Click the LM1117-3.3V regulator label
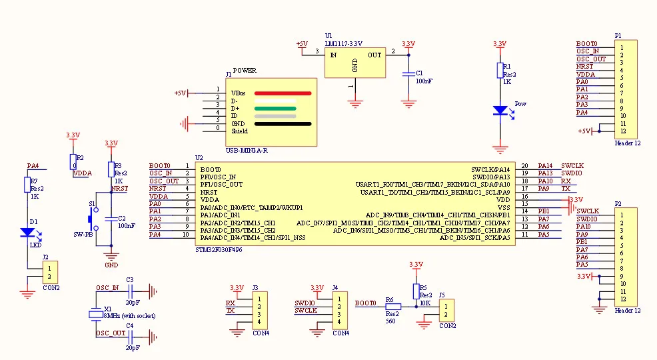click(x=344, y=43)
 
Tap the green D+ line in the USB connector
click(x=274, y=108)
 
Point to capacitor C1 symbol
click(x=408, y=75)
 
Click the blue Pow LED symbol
click(x=500, y=111)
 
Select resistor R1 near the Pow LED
click(x=500, y=71)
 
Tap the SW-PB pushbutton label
click(x=83, y=235)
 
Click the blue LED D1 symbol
click(x=27, y=232)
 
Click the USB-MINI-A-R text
click(x=247, y=150)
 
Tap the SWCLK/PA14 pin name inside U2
click(x=490, y=169)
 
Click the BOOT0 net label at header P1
click(x=586, y=44)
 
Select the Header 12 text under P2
click(x=628, y=311)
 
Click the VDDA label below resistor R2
click(x=83, y=173)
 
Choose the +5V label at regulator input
click(x=301, y=44)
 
